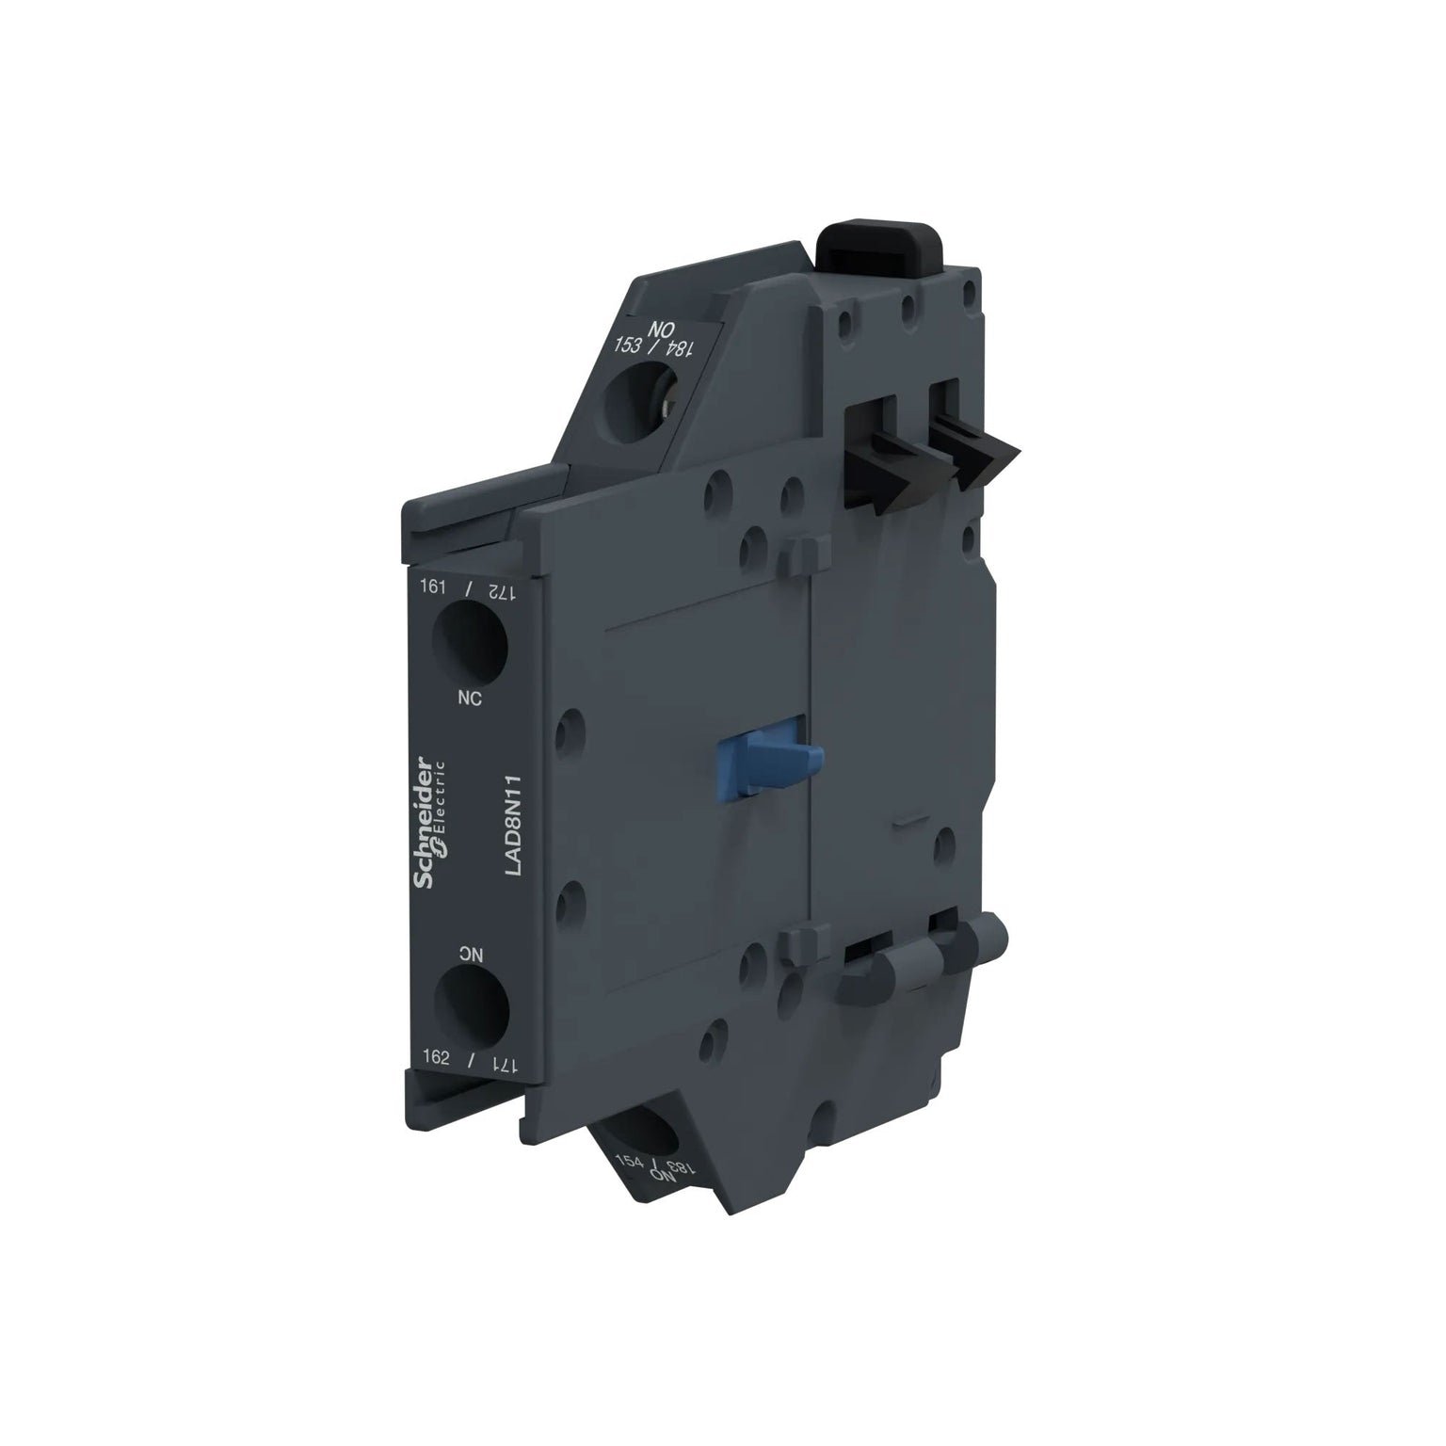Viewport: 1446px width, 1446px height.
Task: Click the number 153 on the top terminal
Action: (627, 345)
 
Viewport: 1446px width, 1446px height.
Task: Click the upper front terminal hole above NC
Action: (470, 640)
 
